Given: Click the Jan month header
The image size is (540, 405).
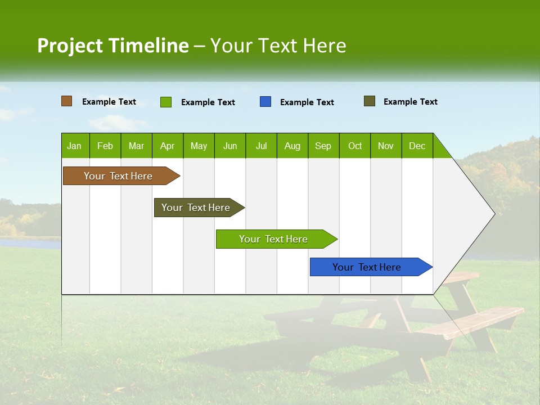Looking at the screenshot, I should pos(74,146).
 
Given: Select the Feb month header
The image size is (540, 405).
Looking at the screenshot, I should pos(105,146).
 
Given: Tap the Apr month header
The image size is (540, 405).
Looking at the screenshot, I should pos(167,146).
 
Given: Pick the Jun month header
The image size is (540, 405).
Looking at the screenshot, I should pos(229,146).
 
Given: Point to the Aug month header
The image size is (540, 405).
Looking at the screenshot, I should pos(292,146).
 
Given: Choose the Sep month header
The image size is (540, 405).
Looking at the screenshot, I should pos(323,146).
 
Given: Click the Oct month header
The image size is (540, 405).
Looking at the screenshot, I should pos(354,146).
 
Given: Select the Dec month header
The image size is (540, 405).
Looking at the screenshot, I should pos(417,146).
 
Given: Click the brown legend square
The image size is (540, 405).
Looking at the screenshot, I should pos(66,101).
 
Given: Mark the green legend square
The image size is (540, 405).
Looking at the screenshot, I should pos(165,102).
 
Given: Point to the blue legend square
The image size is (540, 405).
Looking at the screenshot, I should pos(265,102).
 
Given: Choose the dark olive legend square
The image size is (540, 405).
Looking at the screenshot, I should pos(369,101).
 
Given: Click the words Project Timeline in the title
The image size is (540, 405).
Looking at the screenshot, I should pos(112,46).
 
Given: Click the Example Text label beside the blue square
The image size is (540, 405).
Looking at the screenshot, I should pos(307,102).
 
